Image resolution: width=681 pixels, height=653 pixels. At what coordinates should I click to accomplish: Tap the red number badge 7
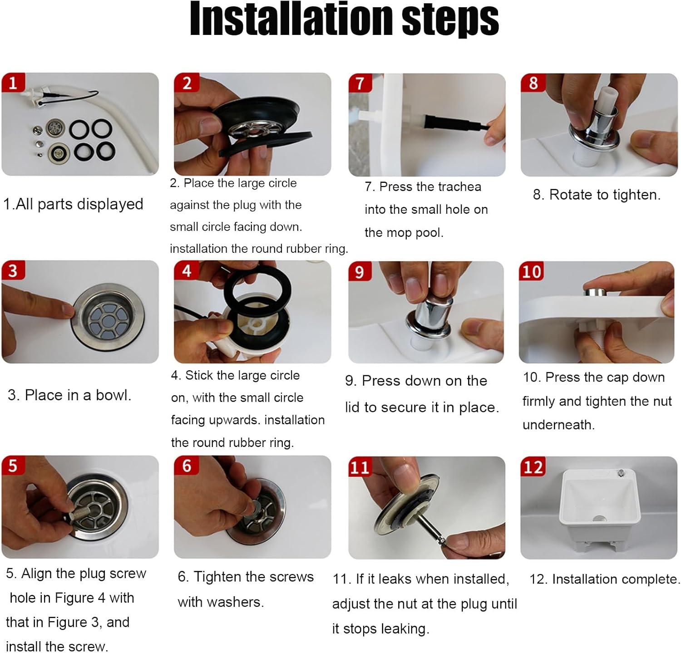click(x=360, y=83)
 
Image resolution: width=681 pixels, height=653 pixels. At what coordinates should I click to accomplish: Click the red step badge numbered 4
click(x=186, y=271)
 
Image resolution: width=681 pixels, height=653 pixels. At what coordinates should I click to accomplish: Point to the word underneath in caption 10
click(x=558, y=425)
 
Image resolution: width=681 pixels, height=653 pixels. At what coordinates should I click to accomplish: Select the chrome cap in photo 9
click(x=429, y=318)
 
